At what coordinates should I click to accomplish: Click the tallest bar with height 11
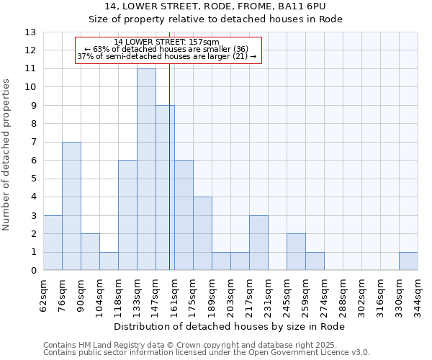(x=146, y=169)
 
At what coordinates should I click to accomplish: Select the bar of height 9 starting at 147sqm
(x=165, y=188)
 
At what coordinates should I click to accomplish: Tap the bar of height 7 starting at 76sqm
(x=71, y=206)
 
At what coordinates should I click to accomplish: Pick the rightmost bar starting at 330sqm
(x=408, y=261)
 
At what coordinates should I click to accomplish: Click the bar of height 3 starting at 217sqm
(x=258, y=243)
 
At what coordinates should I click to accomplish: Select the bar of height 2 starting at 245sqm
(x=296, y=252)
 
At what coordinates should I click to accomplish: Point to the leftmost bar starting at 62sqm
(x=53, y=243)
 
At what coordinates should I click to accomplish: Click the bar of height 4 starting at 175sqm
(x=202, y=233)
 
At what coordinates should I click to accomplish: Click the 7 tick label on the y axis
(x=32, y=143)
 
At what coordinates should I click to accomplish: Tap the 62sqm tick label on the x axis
(x=44, y=294)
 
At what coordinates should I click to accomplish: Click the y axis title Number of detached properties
(x=7, y=156)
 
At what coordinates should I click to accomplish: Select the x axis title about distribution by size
(x=230, y=326)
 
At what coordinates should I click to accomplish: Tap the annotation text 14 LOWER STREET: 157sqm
(x=166, y=42)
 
